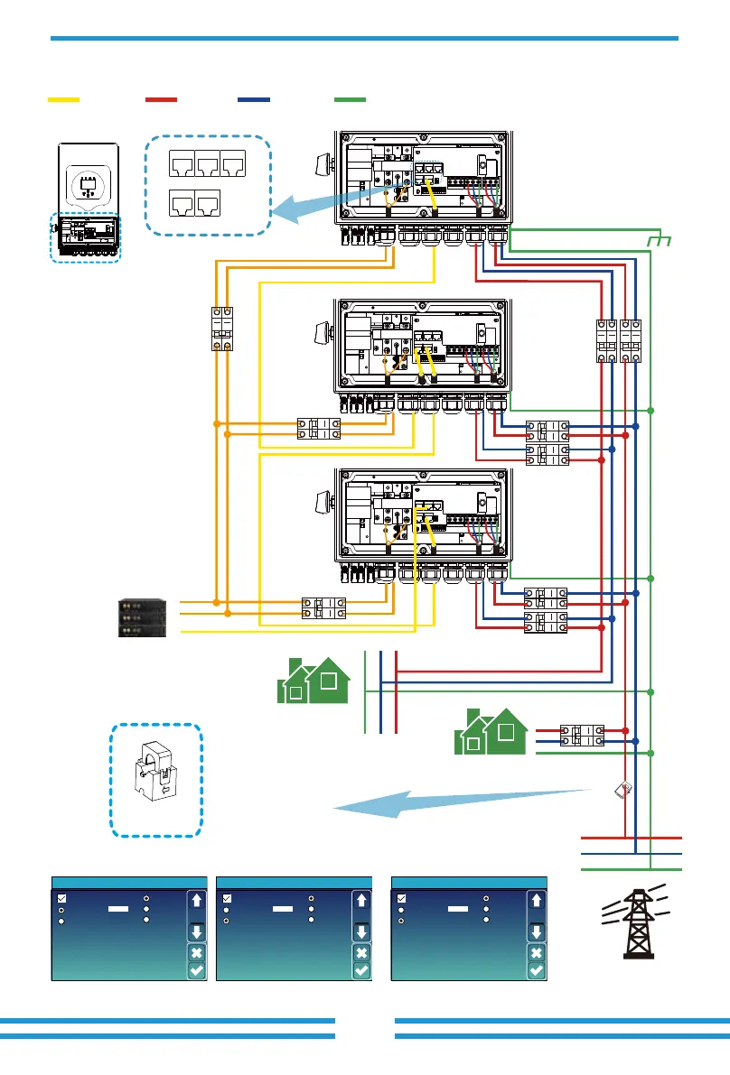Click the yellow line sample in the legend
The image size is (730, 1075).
[x=64, y=97]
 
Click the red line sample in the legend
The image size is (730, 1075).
[x=161, y=97]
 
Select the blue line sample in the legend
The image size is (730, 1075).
[x=254, y=97]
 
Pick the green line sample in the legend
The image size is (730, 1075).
[x=350, y=97]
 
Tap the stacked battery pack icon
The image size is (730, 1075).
[x=144, y=616]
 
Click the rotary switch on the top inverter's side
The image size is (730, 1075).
[x=321, y=164]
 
